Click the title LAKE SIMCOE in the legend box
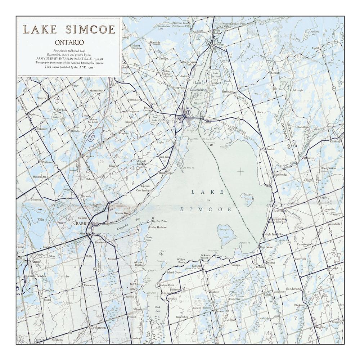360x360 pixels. pos(69,29)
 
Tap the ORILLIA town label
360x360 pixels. pos(170,122)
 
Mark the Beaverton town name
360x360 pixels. pos(280,211)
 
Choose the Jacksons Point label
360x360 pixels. pos(208,257)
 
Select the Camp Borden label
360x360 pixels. pos(36,276)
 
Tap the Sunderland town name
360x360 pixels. pos(293,289)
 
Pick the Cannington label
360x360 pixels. pos(304,244)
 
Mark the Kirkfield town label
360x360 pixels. pos(334,141)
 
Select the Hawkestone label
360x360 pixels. pos(165,173)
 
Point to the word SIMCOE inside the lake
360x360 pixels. pos(205,209)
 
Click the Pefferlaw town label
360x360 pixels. pos(261,267)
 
